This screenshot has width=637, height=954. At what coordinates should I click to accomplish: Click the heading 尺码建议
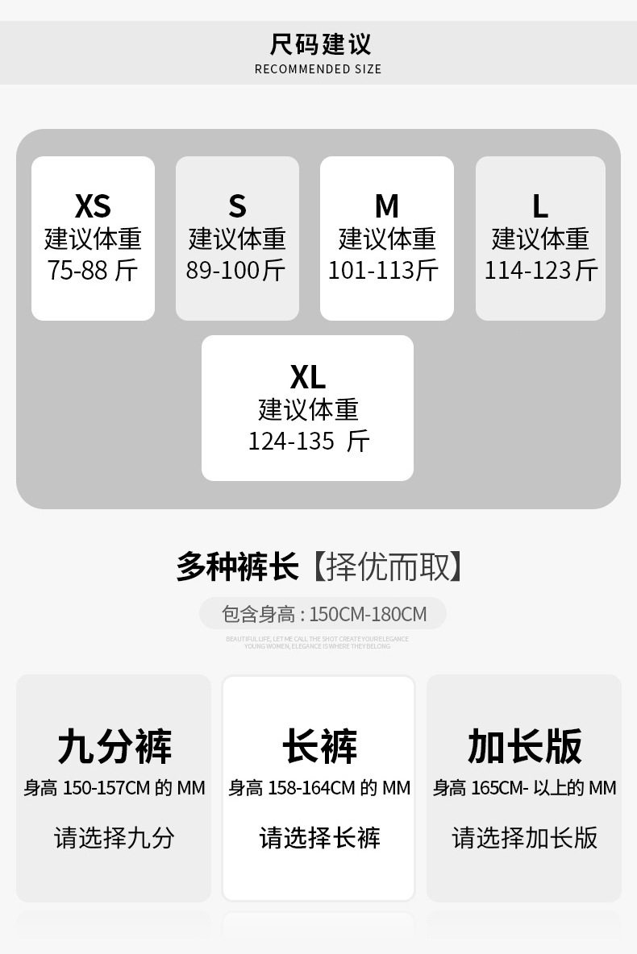[320, 44]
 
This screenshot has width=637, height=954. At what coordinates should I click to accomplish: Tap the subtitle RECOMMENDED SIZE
[318, 69]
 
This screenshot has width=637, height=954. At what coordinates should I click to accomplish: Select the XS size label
[93, 206]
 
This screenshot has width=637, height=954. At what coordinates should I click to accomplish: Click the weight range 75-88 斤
[93, 270]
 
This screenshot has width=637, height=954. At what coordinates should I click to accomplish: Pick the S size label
[237, 206]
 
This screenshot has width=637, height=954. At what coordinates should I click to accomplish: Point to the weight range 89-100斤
[236, 270]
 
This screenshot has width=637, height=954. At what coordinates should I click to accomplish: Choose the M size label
[387, 206]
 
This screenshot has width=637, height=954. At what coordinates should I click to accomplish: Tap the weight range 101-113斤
[383, 270]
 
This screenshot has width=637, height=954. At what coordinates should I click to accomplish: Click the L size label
[540, 206]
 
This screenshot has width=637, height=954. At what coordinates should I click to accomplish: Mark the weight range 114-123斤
[541, 270]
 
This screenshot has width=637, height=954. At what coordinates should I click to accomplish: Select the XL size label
[307, 376]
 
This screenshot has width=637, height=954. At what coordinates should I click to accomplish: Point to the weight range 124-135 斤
[308, 441]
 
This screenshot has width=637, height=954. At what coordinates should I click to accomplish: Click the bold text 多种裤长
[238, 566]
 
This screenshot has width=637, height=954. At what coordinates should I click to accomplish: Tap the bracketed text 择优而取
[389, 566]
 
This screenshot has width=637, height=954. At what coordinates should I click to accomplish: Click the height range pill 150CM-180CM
[323, 614]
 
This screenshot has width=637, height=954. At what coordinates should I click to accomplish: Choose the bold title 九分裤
[114, 746]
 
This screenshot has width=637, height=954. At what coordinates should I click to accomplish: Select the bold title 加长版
[524, 746]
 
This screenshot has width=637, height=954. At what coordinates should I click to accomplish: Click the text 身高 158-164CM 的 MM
[319, 788]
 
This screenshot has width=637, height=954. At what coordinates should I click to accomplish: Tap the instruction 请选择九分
[114, 838]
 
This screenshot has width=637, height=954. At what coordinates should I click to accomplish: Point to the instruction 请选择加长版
[524, 838]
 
